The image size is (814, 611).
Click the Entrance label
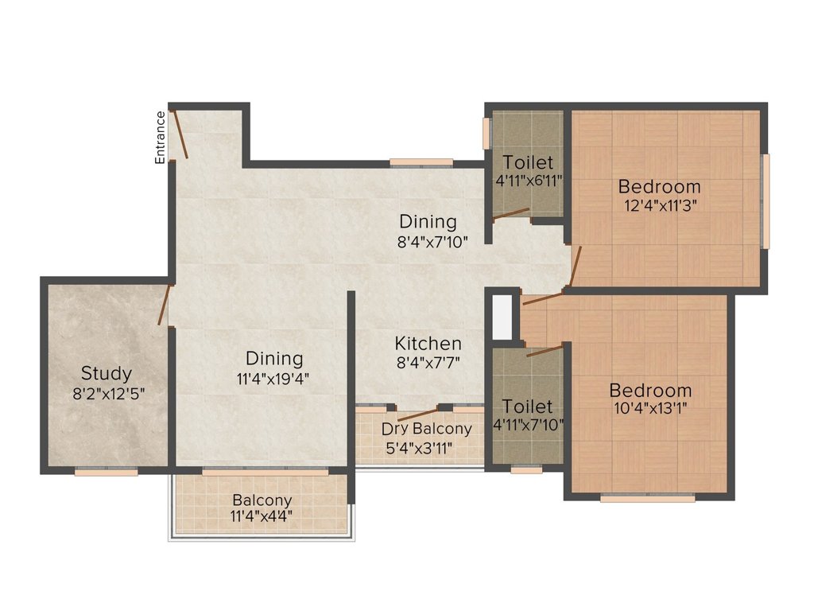161,138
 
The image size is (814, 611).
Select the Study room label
106,373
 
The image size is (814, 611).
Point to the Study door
165,305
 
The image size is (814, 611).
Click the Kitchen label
428,344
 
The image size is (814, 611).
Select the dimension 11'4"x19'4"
273,379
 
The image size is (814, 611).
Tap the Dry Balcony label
426,429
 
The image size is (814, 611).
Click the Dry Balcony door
416,414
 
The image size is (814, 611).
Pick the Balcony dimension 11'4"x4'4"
262,516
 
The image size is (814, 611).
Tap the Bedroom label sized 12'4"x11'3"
659,187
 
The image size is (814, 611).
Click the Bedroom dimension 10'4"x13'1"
650,410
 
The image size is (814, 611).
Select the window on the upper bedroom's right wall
766,200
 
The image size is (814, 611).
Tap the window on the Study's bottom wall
106,472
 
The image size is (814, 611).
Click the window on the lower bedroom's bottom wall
647,499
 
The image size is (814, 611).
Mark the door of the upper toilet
510,213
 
